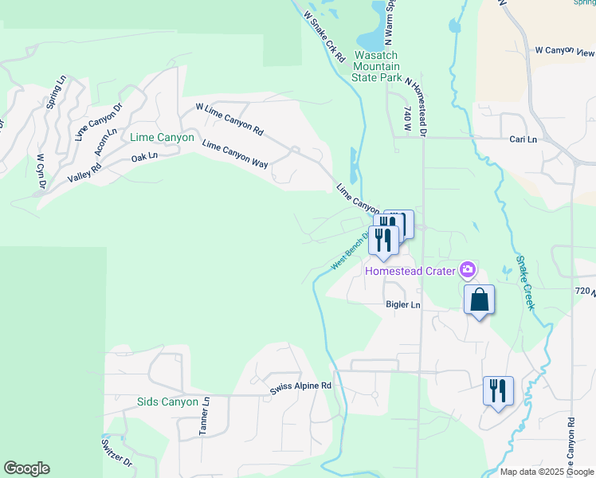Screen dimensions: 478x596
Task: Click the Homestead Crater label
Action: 410,271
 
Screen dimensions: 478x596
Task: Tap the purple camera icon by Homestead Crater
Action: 468,270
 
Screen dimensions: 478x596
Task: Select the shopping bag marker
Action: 479,300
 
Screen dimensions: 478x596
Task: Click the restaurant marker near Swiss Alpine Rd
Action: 498,391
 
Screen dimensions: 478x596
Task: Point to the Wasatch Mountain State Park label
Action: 378,67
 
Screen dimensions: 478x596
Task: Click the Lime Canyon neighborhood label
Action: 162,138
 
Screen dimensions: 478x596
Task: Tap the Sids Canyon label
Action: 167,402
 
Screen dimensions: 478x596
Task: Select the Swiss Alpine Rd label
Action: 300,386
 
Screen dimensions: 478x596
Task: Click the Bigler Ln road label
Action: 402,305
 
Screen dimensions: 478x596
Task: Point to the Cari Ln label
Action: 523,139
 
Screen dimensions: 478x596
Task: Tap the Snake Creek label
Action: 526,282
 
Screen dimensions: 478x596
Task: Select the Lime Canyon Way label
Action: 235,154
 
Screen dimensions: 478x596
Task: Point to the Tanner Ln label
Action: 204,417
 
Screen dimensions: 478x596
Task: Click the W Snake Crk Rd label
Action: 324,36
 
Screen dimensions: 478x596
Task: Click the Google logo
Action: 26,468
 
